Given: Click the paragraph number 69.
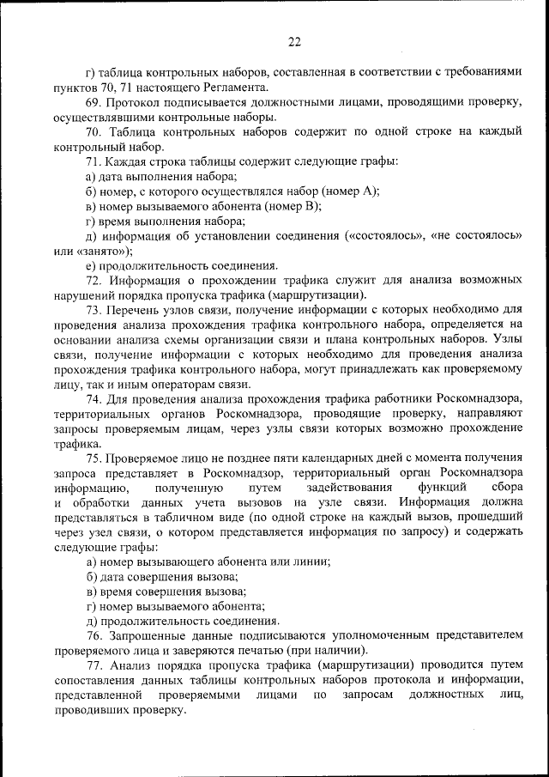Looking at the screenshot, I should pyautogui.click(x=95, y=102).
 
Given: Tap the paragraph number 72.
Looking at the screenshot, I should pyautogui.click(x=95, y=280).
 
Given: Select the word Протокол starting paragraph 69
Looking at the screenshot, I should pyautogui.click(x=135, y=102).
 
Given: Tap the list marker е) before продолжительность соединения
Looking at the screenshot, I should pyautogui.click(x=90, y=265).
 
